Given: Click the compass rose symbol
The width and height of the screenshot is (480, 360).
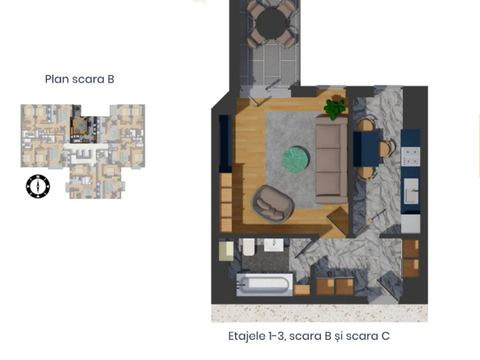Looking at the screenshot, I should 37,186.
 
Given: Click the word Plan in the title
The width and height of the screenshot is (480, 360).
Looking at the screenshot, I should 57,79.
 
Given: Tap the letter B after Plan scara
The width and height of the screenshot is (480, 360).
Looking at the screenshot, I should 110,79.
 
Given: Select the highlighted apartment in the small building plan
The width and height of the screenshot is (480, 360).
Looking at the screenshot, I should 79,130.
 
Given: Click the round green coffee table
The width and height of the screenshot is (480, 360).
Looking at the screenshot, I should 295,159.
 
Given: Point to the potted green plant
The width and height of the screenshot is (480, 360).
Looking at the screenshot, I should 334,108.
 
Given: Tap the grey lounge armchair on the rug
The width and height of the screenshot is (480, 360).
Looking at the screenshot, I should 271,203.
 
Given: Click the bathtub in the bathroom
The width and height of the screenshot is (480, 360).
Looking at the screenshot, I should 263,285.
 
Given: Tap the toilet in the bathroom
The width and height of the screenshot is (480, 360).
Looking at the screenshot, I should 247,248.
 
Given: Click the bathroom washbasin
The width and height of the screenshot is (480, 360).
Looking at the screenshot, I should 271,245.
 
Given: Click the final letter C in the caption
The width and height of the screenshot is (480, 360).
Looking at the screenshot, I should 385,337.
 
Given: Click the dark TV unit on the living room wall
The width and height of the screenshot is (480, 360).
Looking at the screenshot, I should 223,142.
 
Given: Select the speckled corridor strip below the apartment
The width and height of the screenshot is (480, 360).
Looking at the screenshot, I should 319,313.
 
